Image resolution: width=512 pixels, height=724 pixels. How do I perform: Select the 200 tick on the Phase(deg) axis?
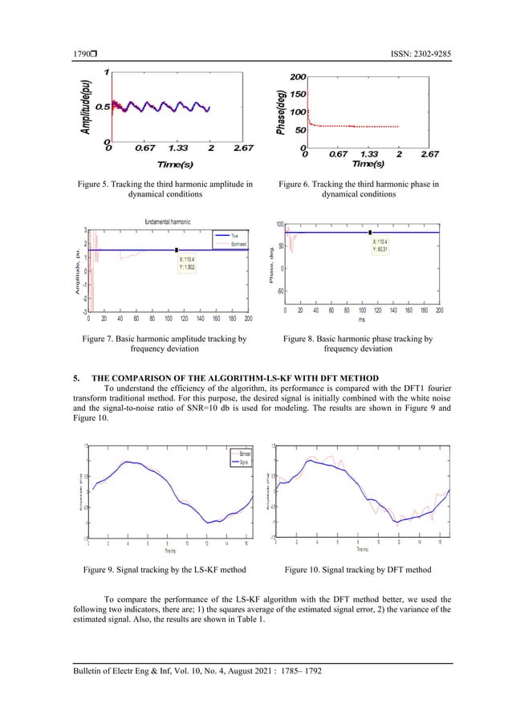[296, 77]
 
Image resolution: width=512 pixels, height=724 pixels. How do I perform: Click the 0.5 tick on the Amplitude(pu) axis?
[101, 107]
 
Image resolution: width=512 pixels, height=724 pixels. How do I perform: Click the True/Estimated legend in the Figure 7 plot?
[231, 238]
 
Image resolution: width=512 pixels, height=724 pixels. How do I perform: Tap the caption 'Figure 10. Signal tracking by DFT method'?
[359, 570]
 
